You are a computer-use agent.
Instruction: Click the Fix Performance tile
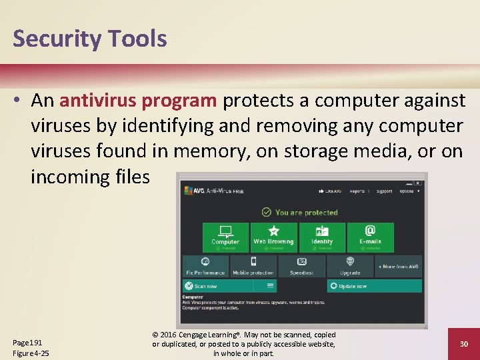pos(205,266)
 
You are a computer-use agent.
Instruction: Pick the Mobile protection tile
pos(253,266)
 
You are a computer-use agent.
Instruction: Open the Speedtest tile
pos(301,266)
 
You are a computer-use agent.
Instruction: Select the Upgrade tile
pos(350,266)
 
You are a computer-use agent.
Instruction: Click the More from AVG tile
pos(398,266)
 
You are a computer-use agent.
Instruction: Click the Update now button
pos(374,286)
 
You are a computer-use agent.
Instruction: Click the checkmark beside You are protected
pos(267,212)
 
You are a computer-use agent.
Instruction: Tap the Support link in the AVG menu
pos(384,191)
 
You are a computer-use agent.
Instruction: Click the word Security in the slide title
pos(56,39)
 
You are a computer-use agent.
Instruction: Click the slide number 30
pos(464,343)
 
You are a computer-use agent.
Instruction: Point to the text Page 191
pos(27,343)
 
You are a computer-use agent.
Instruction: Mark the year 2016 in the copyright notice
pos(169,335)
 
